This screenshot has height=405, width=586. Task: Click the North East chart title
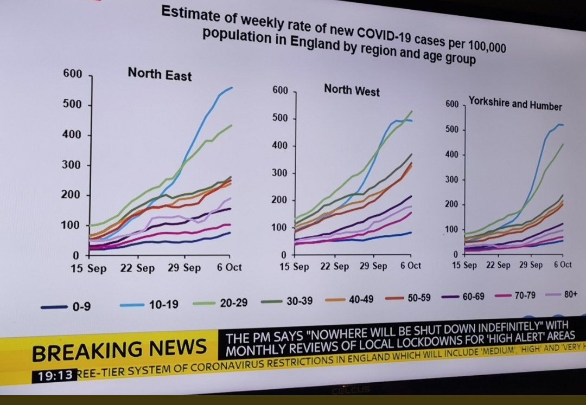point(160,74)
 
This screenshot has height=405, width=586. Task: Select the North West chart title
point(352,90)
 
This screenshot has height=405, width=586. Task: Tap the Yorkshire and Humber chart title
point(515,104)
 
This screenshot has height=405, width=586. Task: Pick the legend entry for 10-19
point(148,305)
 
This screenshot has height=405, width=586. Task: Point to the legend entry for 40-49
point(349,299)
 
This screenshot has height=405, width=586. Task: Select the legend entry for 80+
point(562,294)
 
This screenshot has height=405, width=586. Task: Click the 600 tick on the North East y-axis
point(72,74)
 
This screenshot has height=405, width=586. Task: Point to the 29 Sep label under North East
point(184,268)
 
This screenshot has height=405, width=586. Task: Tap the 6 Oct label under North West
point(410,266)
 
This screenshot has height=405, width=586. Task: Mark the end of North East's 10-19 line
point(232,87)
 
